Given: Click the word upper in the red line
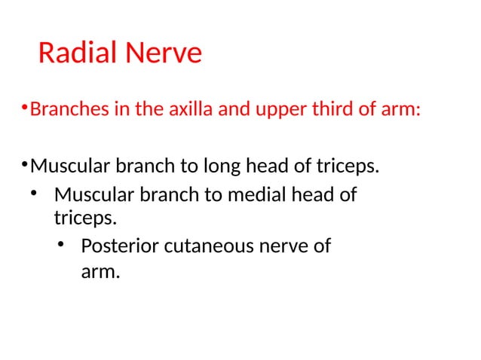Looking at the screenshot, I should pos(277,111).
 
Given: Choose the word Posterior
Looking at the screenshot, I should pos(117,246).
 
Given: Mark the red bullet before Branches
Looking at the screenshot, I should pos(24,108).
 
